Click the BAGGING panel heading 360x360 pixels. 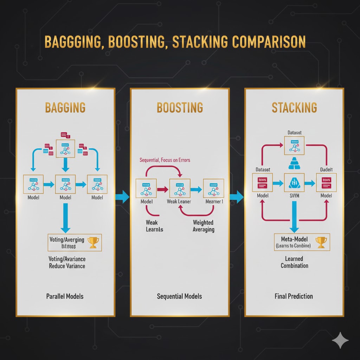pyautogui.click(x=65, y=107)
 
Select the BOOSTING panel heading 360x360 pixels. pyautogui.click(x=180, y=107)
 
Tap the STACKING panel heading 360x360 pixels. pyautogui.click(x=294, y=107)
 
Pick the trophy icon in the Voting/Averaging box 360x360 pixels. pyautogui.click(x=93, y=242)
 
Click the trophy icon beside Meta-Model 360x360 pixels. pyautogui.click(x=321, y=242)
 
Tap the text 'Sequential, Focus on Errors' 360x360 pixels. pyautogui.click(x=165, y=160)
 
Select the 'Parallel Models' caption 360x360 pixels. pyautogui.click(x=65, y=296)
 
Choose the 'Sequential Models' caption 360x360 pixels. pyautogui.click(x=179, y=296)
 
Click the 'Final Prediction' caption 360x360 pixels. pyautogui.click(x=294, y=296)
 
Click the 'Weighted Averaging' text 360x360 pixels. pyautogui.click(x=203, y=226)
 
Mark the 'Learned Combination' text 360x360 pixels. pyautogui.click(x=294, y=262)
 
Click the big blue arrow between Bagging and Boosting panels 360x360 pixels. pyautogui.click(x=123, y=196)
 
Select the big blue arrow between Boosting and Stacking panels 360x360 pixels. pyautogui.click(x=237, y=196)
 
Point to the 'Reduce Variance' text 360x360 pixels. pyautogui.click(x=67, y=266)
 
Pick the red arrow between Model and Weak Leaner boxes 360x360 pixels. pyautogui.click(x=162, y=189)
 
